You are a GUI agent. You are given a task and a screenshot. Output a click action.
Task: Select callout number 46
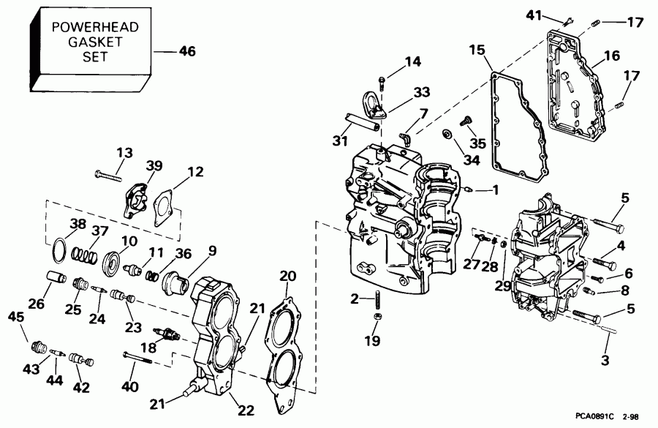coord(187,51)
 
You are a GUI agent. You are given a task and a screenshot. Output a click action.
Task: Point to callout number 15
coord(477,50)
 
